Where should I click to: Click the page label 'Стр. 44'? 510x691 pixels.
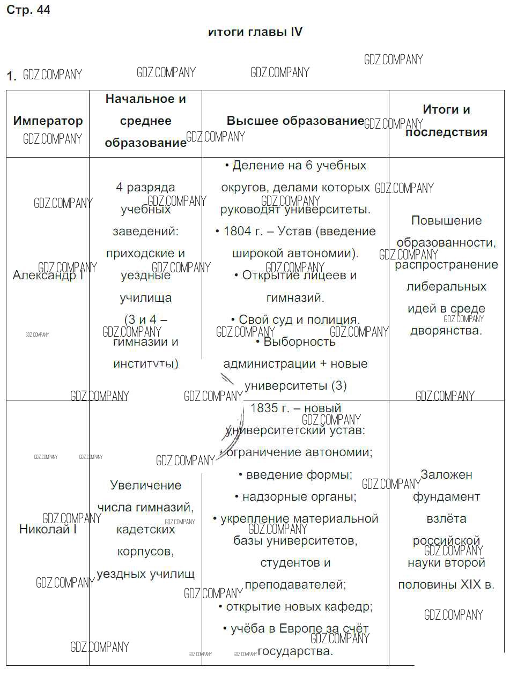coord(28,10)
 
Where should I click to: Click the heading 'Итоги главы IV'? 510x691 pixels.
coord(255,32)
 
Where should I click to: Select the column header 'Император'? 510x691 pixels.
coord(48,121)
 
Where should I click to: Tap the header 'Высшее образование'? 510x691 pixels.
coord(295,121)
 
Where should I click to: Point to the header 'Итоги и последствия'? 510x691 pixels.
coord(446,121)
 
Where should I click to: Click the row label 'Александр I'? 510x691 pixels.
coord(48,276)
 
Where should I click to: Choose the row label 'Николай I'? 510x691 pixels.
coord(48,529)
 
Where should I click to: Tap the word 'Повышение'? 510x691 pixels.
coord(446,220)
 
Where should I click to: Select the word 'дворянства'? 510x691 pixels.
coord(445,331)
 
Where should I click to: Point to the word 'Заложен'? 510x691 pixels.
coord(446,474)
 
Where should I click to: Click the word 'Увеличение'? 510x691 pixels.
coord(145,485)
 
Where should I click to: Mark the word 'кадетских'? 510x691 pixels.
coord(145,530)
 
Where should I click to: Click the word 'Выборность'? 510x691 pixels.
coord(299,342)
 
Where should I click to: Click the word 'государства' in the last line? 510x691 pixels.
coord(295,651)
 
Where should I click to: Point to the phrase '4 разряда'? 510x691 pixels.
coord(145,188)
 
